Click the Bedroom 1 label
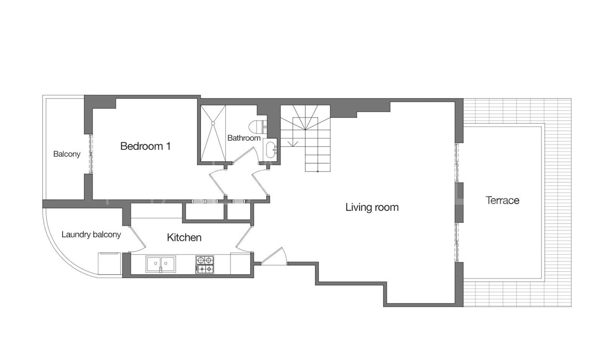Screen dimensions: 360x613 (x=145, y=146)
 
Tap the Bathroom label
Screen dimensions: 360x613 (x=244, y=138)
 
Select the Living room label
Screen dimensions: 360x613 (x=372, y=207)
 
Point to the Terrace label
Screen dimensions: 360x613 (x=502, y=200)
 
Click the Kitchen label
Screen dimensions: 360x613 (x=184, y=237)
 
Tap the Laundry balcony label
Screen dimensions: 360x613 (x=91, y=234)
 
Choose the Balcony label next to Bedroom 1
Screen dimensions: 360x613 (x=67, y=154)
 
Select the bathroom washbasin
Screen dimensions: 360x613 (x=270, y=149)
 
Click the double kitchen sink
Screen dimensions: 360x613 (x=161, y=264)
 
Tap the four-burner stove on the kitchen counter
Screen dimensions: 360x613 (x=205, y=265)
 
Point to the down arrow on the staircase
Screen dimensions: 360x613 (x=293, y=143)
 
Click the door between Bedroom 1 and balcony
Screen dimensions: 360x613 (x=90, y=154)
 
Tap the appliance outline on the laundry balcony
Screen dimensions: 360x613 (x=110, y=263)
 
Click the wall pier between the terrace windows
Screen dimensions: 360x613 (x=459, y=202)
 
